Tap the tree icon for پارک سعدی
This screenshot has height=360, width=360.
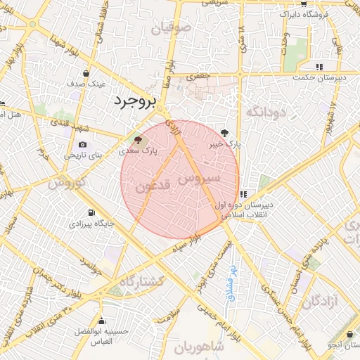coord(137,139)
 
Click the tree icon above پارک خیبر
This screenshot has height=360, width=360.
coord(225,132)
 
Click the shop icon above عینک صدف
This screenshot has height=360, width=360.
coord(86,72)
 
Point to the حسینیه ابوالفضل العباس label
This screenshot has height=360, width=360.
coord(103,335)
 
